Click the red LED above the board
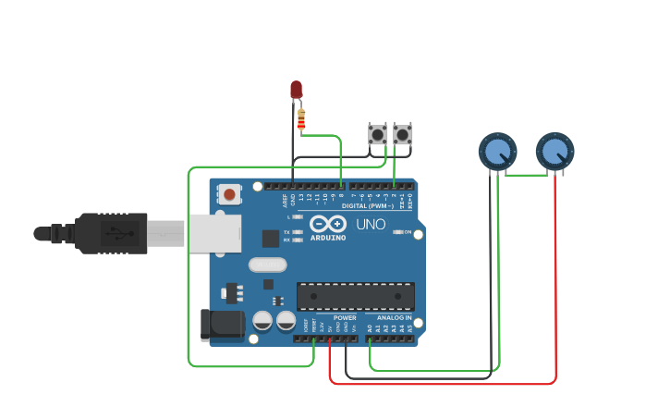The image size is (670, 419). (296, 89)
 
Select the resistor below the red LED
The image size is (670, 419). (300, 119)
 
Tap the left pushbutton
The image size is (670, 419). (378, 134)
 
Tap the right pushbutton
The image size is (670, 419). (402, 134)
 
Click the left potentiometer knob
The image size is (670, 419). (497, 151)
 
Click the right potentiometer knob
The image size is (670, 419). (554, 151)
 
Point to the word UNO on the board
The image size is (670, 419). (371, 224)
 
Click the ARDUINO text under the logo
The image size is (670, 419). (328, 238)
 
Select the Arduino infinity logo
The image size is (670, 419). (328, 224)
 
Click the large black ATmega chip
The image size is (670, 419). (355, 297)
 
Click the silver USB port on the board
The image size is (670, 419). (214, 233)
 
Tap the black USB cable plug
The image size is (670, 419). (111, 233)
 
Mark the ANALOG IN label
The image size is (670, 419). (395, 317)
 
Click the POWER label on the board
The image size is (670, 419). (345, 317)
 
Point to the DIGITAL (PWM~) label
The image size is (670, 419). (367, 205)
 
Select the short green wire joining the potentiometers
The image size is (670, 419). (527, 174)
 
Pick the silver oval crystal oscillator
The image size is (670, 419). (268, 265)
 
